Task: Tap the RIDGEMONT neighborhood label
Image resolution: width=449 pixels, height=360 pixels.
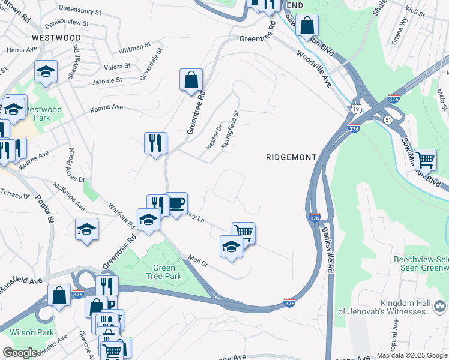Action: pos(291,157)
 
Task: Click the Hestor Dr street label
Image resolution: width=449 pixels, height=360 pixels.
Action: pos(214,133)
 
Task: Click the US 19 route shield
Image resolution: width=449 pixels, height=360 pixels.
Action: pos(357,109)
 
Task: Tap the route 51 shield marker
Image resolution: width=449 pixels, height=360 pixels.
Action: pos(388,120)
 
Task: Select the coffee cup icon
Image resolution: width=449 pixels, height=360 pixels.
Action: pos(176,203)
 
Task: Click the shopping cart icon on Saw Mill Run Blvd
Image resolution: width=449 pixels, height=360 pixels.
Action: pos(425,159)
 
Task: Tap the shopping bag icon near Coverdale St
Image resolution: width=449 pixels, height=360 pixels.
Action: pos(191,80)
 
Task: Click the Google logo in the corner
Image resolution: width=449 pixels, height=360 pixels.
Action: pos(20,353)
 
